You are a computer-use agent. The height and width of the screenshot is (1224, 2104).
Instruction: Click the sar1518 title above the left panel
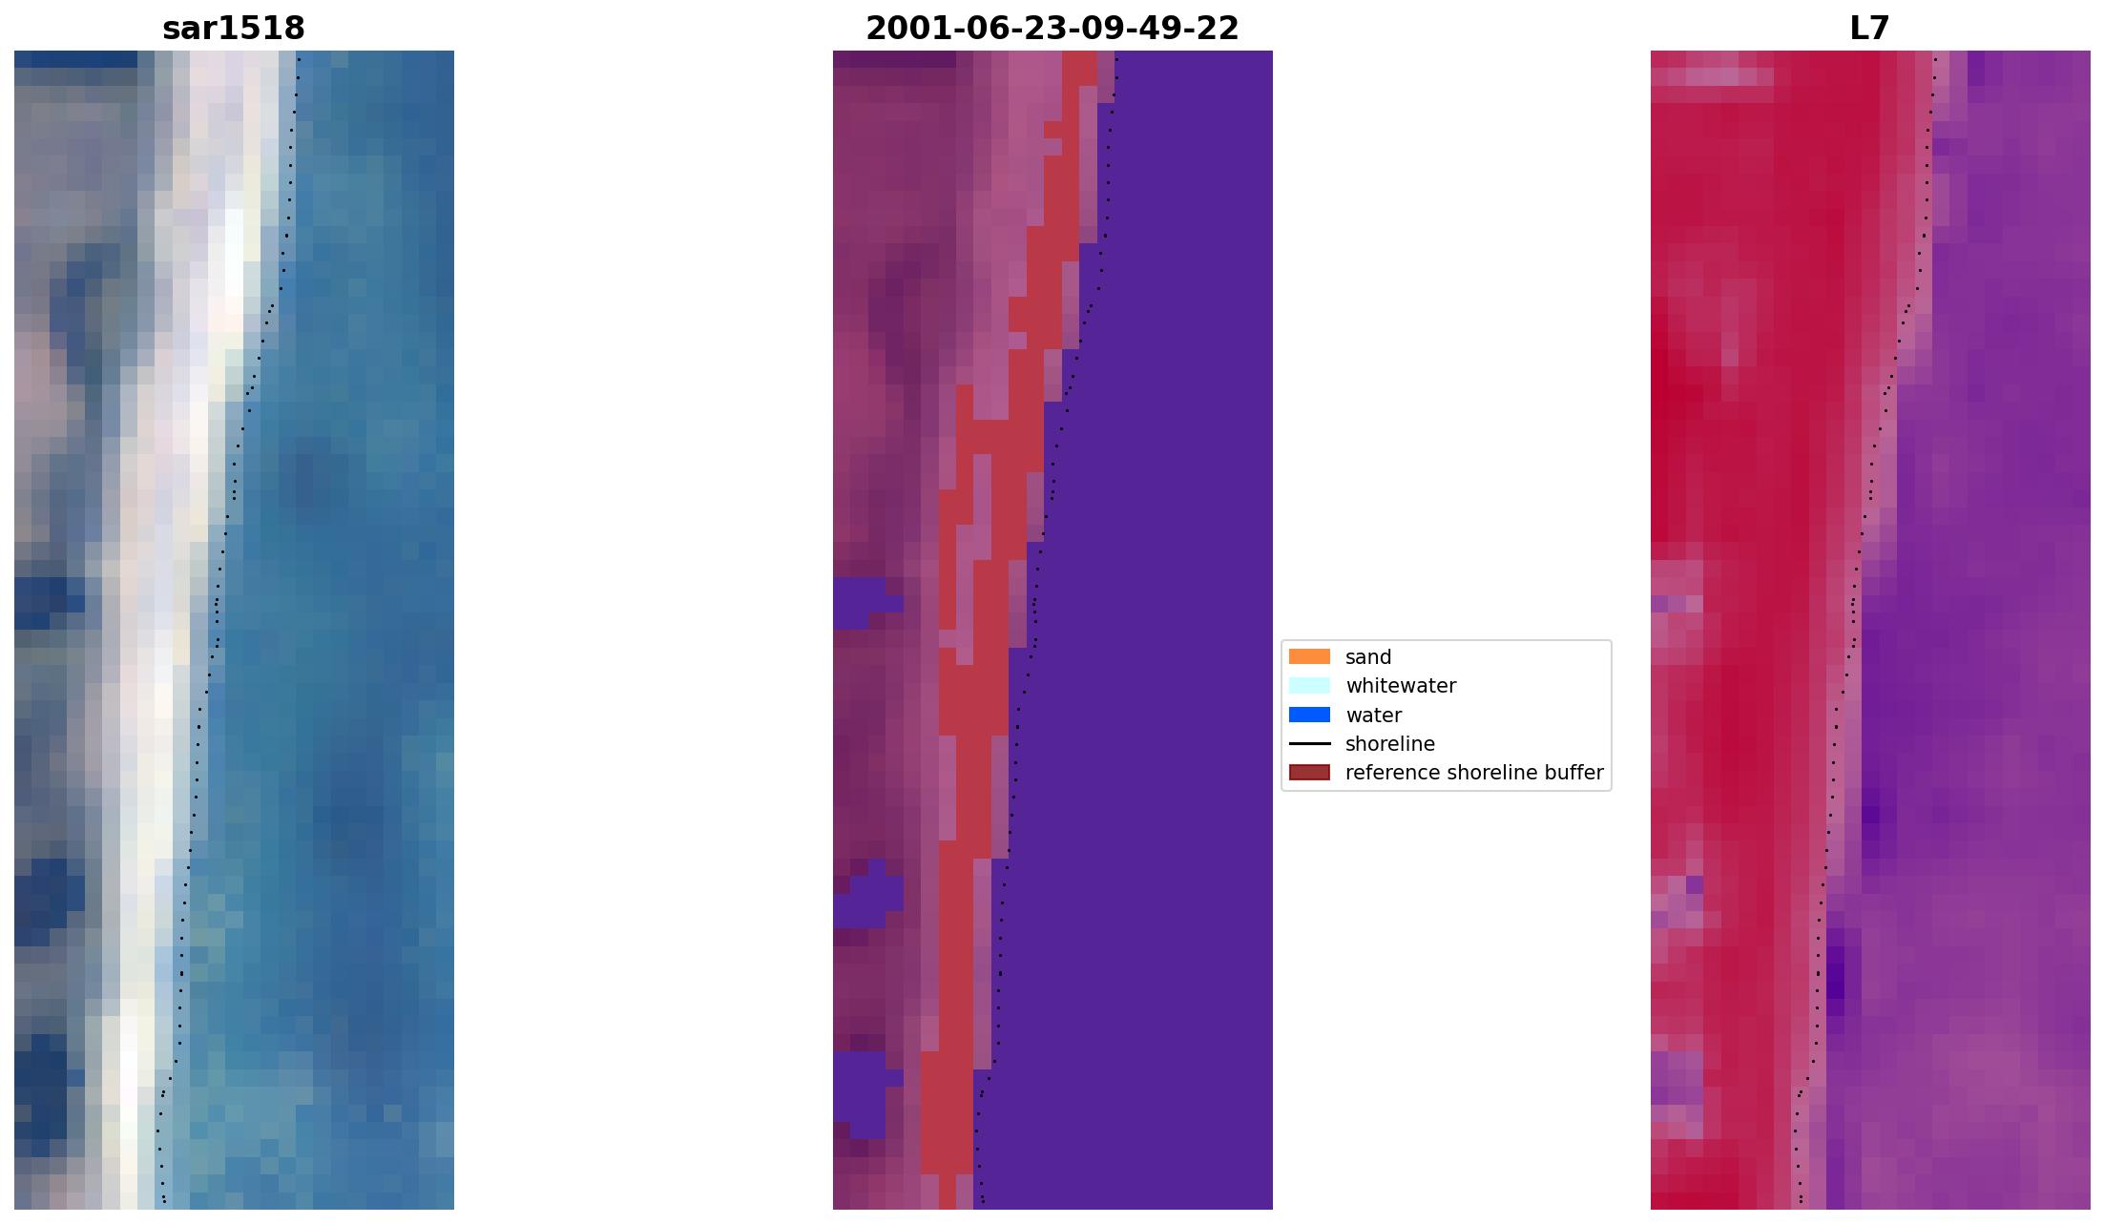tap(234, 29)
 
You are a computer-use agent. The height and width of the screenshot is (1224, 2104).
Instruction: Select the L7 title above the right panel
tap(1869, 29)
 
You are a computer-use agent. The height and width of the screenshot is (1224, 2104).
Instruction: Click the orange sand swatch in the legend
tap(1309, 656)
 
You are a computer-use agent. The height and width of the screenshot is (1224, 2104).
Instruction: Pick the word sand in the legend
tap(1368, 657)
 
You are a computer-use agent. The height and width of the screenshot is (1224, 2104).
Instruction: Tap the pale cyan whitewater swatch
tap(1309, 685)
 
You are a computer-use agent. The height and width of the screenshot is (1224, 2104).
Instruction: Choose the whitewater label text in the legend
tap(1401, 686)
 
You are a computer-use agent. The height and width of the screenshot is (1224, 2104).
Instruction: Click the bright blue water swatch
tap(1309, 715)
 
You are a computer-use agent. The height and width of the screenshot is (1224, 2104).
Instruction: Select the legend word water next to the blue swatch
tap(1373, 716)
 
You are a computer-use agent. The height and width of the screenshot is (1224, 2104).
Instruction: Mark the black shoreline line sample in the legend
tap(1309, 743)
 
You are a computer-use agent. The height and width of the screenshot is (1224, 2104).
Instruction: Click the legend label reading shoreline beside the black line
tap(1389, 744)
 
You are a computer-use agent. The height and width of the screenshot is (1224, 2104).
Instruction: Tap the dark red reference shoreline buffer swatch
tap(1309, 772)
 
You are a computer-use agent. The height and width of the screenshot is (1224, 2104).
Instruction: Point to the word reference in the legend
tap(1383, 773)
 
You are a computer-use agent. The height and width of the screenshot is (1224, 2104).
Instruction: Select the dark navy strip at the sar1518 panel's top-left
tap(76, 59)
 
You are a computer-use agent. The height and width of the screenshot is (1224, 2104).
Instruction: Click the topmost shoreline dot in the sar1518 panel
tap(299, 59)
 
